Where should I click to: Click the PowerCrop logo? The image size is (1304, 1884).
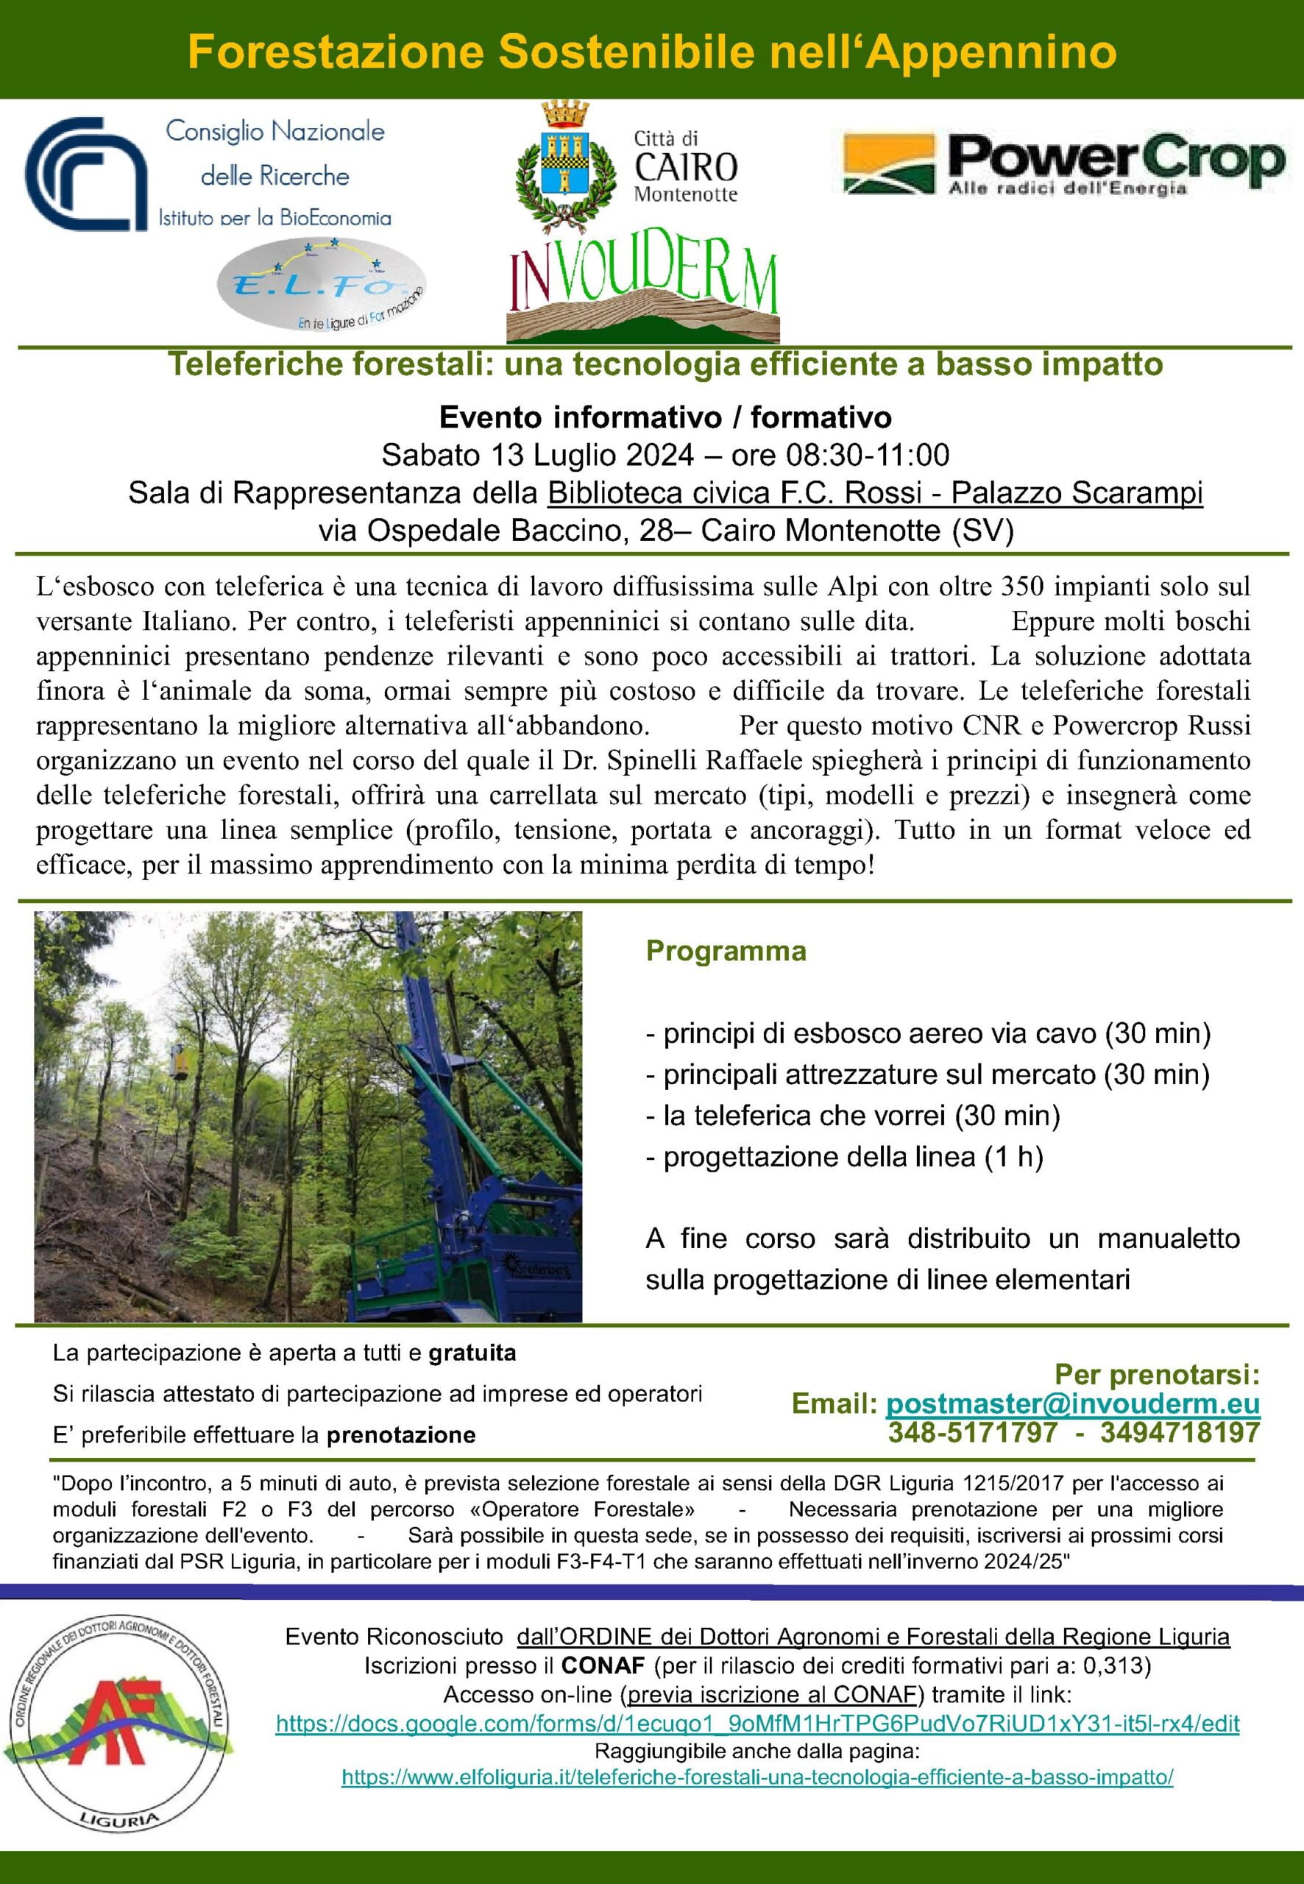pyautogui.click(x=1062, y=164)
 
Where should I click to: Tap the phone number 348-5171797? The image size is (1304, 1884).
pyautogui.click(x=972, y=1432)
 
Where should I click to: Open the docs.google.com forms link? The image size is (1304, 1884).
pyautogui.click(x=757, y=1724)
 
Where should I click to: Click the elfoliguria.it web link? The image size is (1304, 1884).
pyautogui.click(x=757, y=1777)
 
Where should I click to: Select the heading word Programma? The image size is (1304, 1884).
pyautogui.click(x=726, y=951)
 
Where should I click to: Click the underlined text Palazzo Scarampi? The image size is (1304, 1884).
pyautogui.click(x=1077, y=492)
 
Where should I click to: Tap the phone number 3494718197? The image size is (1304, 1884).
pyautogui.click(x=1179, y=1432)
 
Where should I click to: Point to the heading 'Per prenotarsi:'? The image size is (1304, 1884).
pyautogui.click(x=1157, y=1374)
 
